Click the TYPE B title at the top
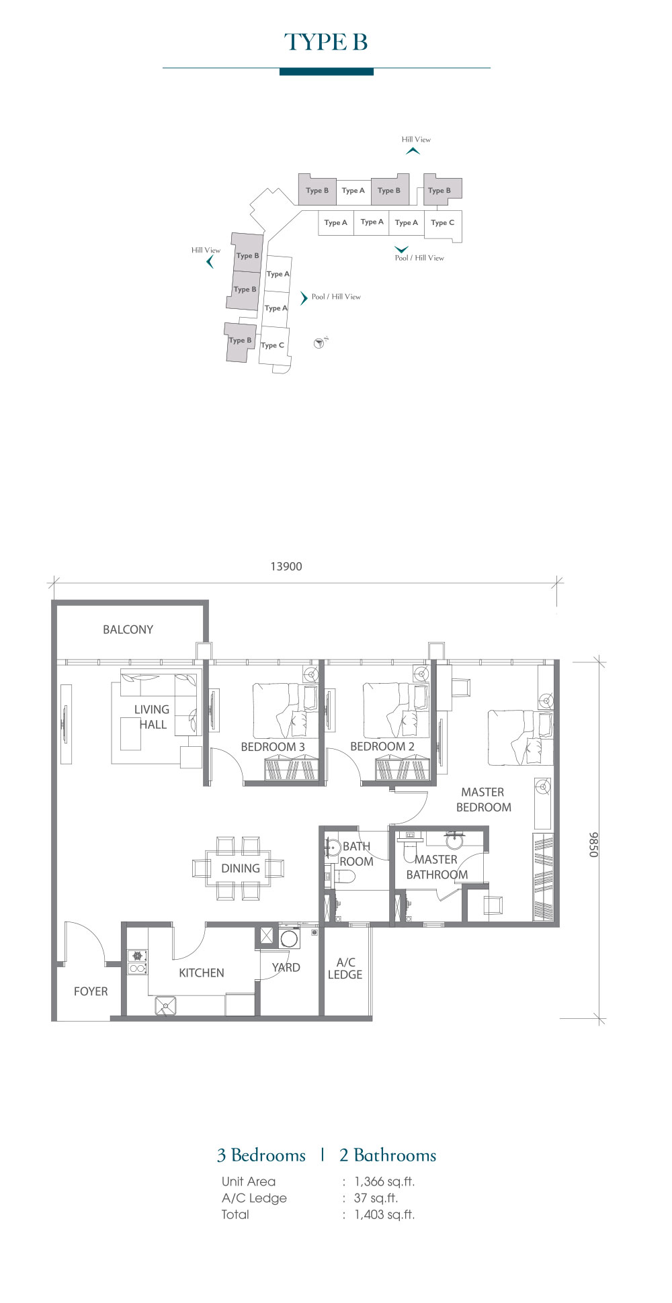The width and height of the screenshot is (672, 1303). pyautogui.click(x=326, y=42)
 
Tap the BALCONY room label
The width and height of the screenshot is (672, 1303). pyautogui.click(x=128, y=629)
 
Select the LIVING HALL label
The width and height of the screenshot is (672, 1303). pyautogui.click(x=152, y=717)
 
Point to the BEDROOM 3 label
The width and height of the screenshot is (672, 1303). pyautogui.click(x=273, y=747)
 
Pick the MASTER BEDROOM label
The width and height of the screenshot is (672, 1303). pyautogui.click(x=483, y=799)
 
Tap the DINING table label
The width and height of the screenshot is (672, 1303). pyautogui.click(x=241, y=868)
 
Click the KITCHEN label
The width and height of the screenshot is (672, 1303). pyautogui.click(x=202, y=973)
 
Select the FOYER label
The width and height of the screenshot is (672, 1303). pyautogui.click(x=91, y=991)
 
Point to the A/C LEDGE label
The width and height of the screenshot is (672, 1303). pyautogui.click(x=345, y=969)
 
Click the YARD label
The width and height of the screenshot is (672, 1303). pyautogui.click(x=286, y=967)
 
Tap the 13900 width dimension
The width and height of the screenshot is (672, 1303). pyautogui.click(x=286, y=566)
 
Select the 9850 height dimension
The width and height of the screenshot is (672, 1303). pyautogui.click(x=593, y=844)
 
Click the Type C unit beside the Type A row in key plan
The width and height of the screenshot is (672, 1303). pyautogui.click(x=443, y=222)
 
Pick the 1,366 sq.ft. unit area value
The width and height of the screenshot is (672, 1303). pyautogui.click(x=384, y=1181)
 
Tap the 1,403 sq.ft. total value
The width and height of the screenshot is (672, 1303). pyautogui.click(x=384, y=1214)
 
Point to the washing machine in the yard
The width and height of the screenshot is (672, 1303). pyautogui.click(x=290, y=938)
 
